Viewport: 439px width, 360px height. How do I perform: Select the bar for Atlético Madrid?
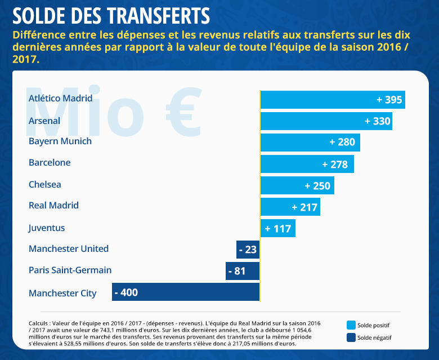tap(332, 100)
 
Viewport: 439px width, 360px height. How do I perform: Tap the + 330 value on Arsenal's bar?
tap(377, 121)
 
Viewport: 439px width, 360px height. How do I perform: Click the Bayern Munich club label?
tap(60, 141)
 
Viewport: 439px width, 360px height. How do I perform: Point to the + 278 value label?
tap(335, 164)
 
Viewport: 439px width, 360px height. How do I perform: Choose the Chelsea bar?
tap(297, 185)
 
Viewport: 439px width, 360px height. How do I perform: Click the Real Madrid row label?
tap(53, 206)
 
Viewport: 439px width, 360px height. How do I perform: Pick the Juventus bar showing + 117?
tap(278, 228)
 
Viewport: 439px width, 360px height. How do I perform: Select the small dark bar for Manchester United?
tap(248, 249)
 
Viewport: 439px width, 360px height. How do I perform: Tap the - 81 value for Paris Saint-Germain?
tap(237, 271)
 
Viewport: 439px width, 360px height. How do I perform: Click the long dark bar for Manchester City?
tap(186, 292)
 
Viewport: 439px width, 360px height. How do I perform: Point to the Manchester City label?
tap(62, 293)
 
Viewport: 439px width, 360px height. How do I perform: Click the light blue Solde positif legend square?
tap(351, 325)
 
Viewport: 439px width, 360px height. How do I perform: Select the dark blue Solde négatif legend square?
tap(351, 338)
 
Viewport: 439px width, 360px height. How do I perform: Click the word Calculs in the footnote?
tap(39, 323)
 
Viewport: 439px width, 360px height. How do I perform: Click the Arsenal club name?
tap(44, 121)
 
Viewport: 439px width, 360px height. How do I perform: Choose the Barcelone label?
tap(50, 163)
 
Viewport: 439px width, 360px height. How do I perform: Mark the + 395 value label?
tap(389, 100)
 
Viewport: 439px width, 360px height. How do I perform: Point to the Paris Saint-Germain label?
tap(70, 270)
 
